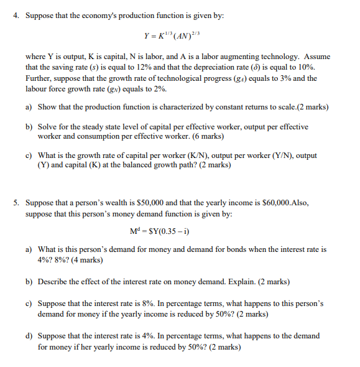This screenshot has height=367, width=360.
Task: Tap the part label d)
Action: (29, 336)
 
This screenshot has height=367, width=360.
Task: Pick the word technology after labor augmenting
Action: (280, 57)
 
